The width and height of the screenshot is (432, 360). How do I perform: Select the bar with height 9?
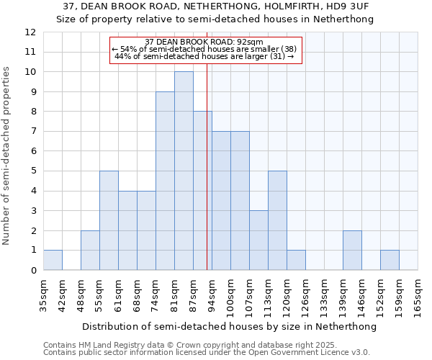pos(165,181)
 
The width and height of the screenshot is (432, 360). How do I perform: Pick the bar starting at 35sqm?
pos(53,260)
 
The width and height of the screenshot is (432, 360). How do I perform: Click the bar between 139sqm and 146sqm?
pos(352,250)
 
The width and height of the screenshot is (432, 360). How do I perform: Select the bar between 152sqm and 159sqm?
pos(390,260)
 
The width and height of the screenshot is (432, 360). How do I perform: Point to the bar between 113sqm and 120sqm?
pos(277,220)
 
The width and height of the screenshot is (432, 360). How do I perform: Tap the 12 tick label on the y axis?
pos(30,32)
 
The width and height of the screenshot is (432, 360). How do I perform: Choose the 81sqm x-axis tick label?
pos(174,296)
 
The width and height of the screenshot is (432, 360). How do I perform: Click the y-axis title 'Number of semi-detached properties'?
pos(6,156)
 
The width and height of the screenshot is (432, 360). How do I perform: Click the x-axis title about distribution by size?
pos(229,326)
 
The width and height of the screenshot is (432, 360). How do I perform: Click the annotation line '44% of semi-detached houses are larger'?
pos(204,56)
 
